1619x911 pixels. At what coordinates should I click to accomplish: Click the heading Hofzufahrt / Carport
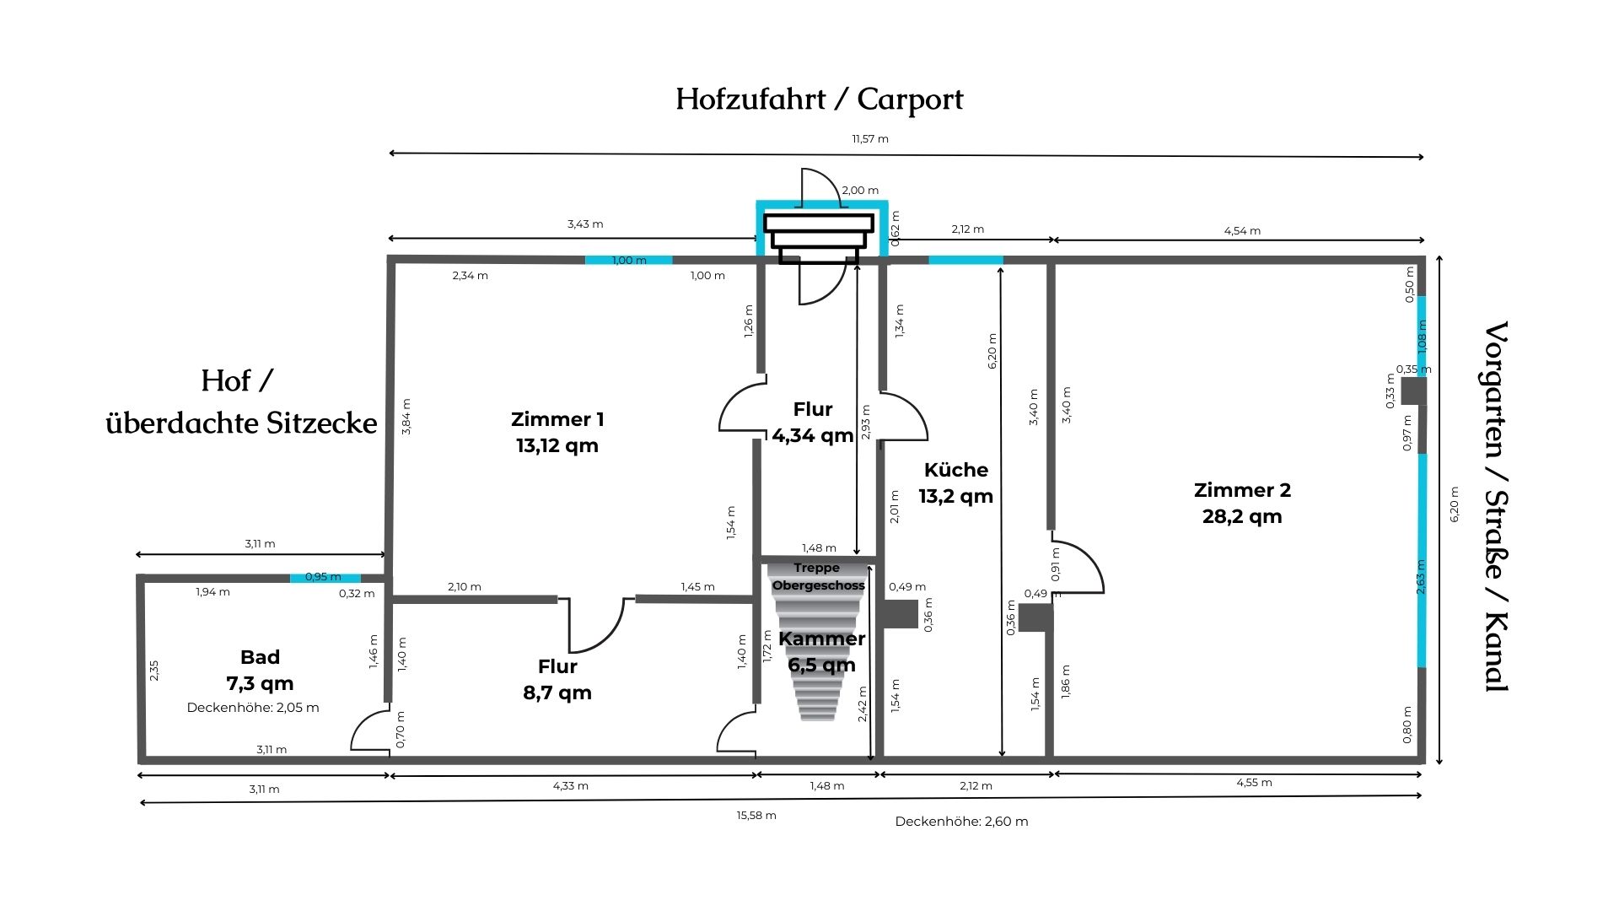(819, 100)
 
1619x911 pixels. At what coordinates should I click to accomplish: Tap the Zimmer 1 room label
(557, 419)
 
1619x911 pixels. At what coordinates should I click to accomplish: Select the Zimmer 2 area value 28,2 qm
(1242, 516)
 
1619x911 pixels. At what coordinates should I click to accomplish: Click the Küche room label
(956, 469)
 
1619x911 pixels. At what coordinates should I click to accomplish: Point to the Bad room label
(260, 657)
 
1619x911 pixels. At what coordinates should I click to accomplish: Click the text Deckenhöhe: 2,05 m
(253, 708)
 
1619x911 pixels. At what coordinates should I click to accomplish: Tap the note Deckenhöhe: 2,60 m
(962, 822)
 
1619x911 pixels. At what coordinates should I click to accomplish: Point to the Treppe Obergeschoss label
(818, 577)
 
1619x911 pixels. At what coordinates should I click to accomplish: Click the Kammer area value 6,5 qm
(822, 665)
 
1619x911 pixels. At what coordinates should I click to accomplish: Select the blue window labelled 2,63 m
(1422, 561)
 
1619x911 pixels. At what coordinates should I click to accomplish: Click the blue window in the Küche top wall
(965, 260)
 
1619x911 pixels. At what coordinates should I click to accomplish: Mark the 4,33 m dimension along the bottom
(571, 786)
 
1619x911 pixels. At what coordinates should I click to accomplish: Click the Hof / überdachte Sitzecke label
(241, 402)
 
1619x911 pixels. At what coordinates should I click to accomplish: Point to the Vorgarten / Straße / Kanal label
(1496, 506)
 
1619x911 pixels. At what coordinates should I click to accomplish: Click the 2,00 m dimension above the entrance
(860, 191)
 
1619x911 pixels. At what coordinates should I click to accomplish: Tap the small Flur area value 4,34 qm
(813, 435)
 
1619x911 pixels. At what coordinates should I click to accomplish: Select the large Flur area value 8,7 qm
(557, 693)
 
